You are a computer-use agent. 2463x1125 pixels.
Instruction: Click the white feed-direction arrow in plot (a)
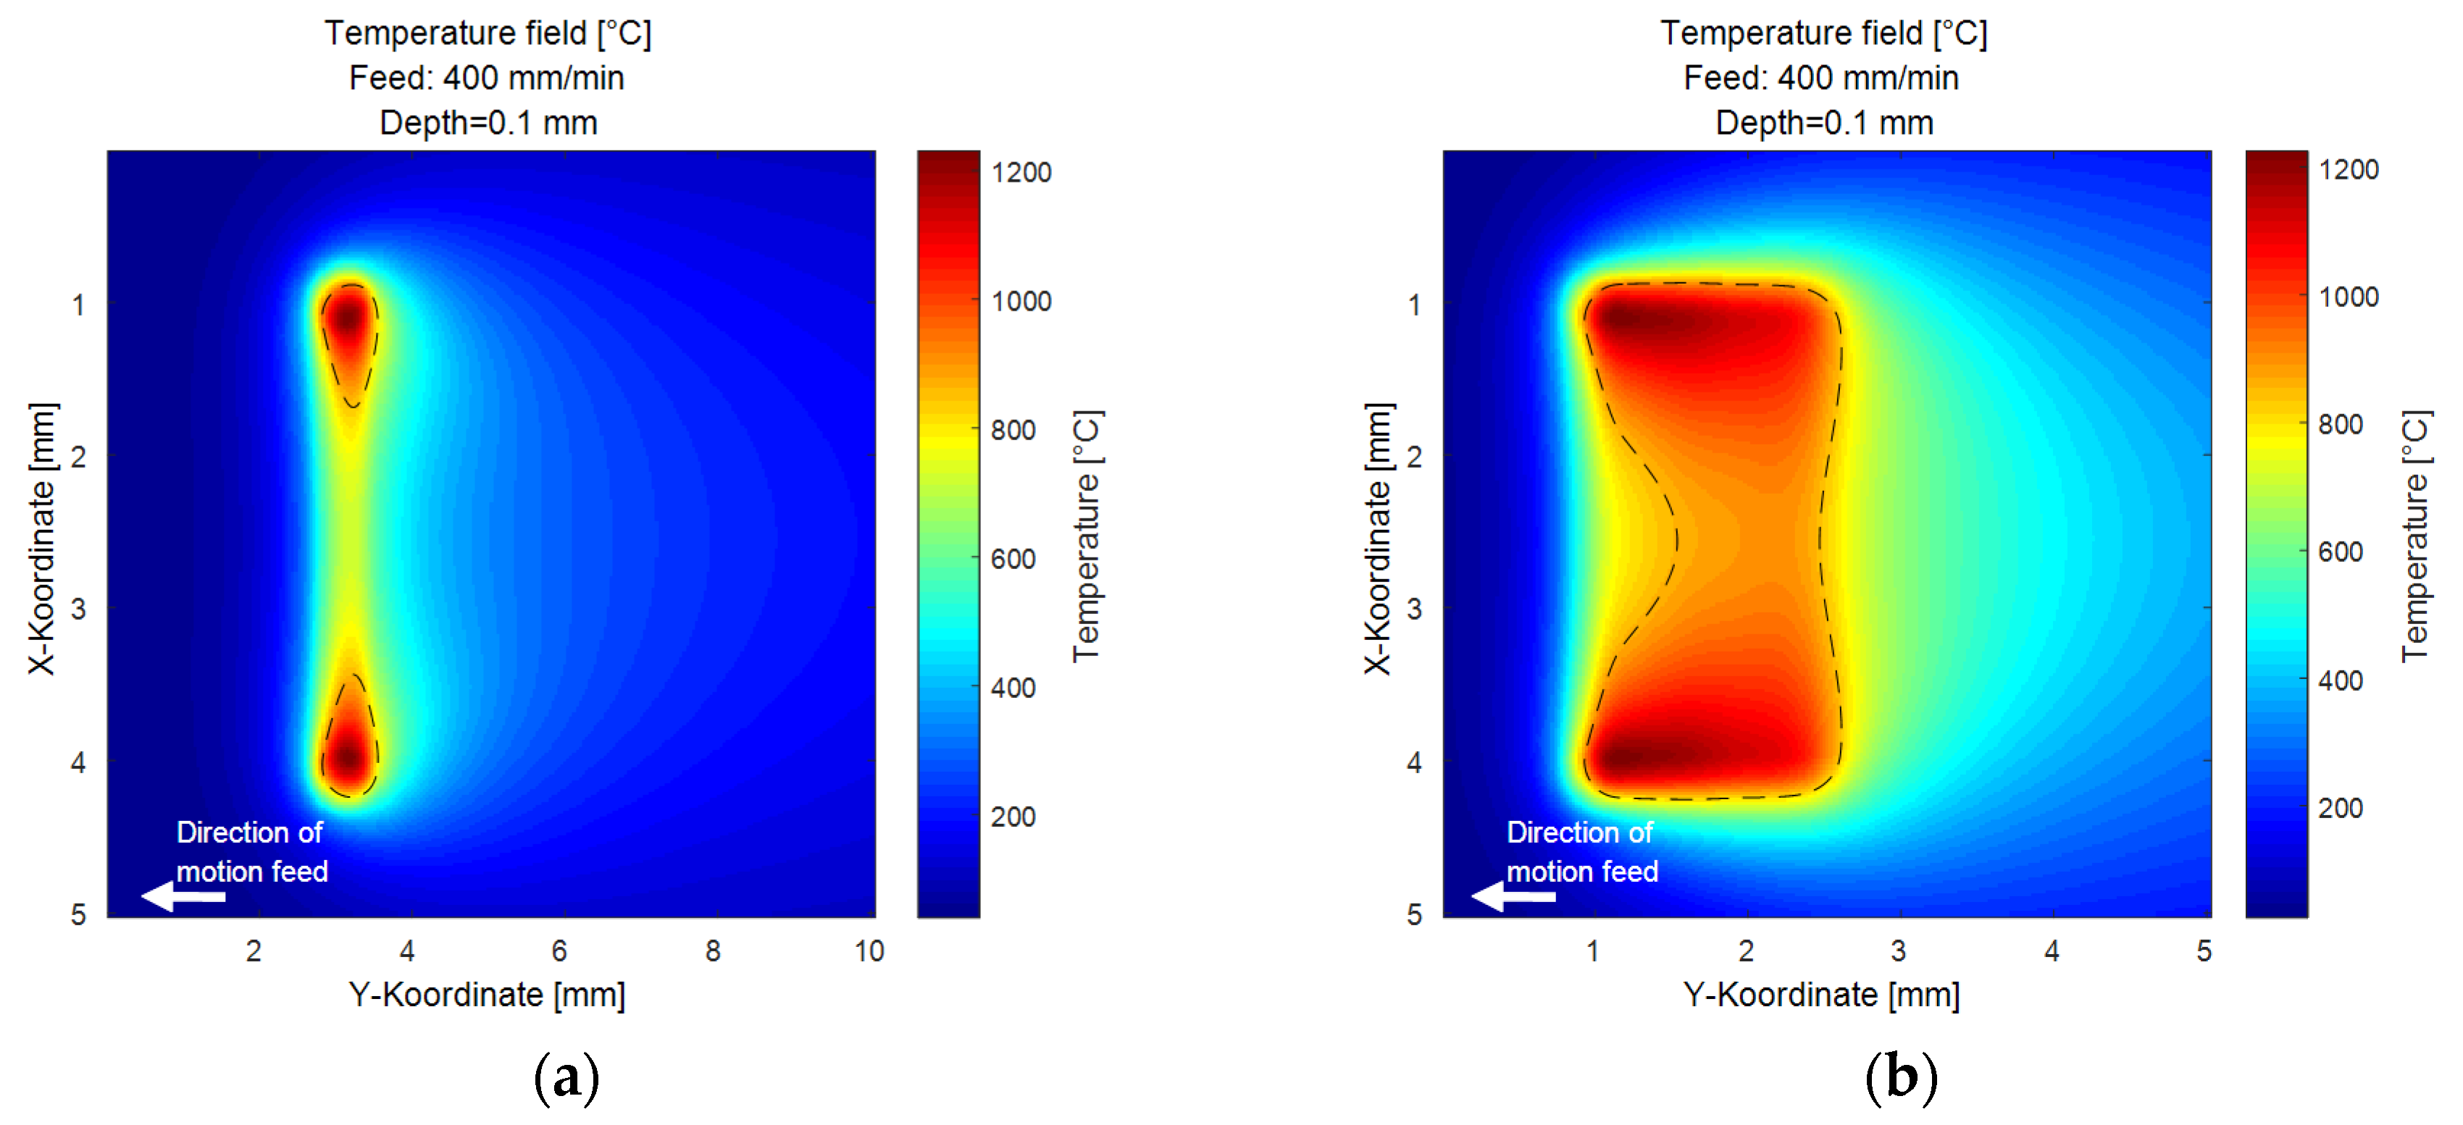[x=183, y=896]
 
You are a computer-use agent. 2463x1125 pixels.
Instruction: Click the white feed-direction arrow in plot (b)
[x=1513, y=896]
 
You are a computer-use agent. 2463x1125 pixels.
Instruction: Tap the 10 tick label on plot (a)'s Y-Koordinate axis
[x=868, y=951]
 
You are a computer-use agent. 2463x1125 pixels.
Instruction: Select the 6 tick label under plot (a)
[x=559, y=951]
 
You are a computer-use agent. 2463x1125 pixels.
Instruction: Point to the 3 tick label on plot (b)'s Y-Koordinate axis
[x=1898, y=951]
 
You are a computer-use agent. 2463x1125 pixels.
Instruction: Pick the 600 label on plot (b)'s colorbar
[x=2341, y=552]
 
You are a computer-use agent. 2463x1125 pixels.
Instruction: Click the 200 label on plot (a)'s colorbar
[x=1013, y=817]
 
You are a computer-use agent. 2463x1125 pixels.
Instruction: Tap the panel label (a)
[x=566, y=1077]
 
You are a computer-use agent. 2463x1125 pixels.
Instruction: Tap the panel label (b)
[x=1901, y=1077]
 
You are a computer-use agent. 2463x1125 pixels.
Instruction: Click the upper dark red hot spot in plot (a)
[x=349, y=317]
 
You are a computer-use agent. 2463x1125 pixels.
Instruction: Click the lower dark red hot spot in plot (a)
[x=349, y=758]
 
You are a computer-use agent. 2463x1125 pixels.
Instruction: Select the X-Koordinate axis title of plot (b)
[x=1377, y=538]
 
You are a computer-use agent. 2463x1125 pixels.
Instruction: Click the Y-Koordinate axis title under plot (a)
[x=487, y=995]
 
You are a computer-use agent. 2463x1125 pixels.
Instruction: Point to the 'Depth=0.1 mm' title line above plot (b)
[x=1824, y=122]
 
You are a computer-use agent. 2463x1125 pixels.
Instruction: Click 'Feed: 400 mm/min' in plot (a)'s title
[x=487, y=77]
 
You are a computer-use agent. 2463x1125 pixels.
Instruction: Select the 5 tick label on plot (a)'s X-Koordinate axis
[x=78, y=915]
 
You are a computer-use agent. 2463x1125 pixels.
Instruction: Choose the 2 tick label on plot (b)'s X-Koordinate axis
[x=1414, y=456]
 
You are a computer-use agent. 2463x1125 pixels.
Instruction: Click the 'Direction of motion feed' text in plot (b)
[x=1581, y=851]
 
